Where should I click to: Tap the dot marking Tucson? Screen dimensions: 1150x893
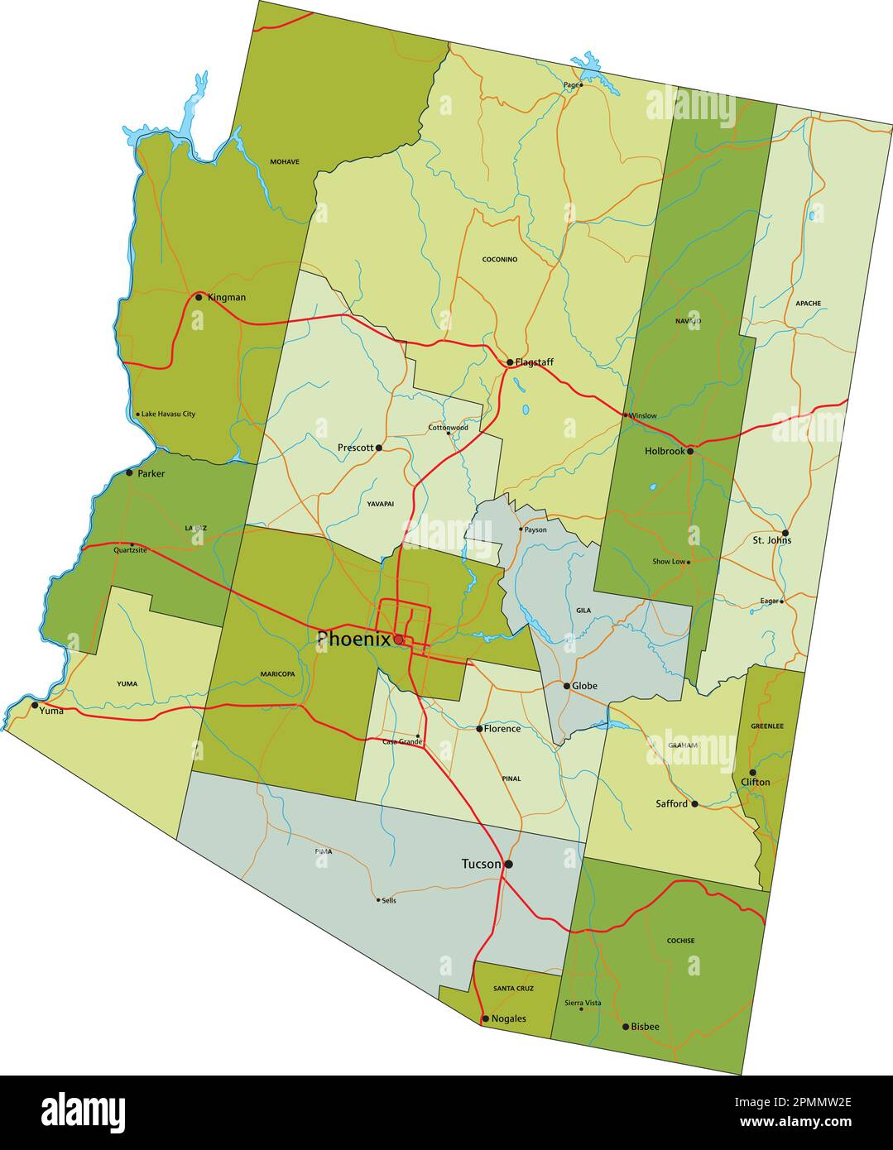[x=509, y=864]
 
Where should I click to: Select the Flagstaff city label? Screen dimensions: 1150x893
[x=534, y=362]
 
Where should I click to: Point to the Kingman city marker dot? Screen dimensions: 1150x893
[x=199, y=297]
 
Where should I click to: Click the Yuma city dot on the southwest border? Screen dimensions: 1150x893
[x=35, y=706]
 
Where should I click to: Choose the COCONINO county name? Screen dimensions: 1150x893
[x=500, y=260]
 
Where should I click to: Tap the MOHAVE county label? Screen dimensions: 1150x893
[x=285, y=162]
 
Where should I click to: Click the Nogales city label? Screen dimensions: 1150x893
[x=508, y=1018]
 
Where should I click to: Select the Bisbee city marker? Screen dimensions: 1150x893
[x=626, y=1027]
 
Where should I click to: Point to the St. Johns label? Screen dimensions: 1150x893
[x=771, y=540]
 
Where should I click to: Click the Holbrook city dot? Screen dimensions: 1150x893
[x=689, y=451]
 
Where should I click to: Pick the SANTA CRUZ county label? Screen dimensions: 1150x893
[x=513, y=989]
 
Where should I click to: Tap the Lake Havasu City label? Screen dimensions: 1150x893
[x=168, y=414]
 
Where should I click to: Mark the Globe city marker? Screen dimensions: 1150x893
[x=567, y=686]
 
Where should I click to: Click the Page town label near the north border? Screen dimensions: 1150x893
[x=570, y=84]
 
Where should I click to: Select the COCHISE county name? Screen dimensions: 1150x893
[x=680, y=941]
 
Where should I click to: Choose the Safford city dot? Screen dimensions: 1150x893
[x=694, y=803]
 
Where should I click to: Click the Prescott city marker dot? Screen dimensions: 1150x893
[x=379, y=448]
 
